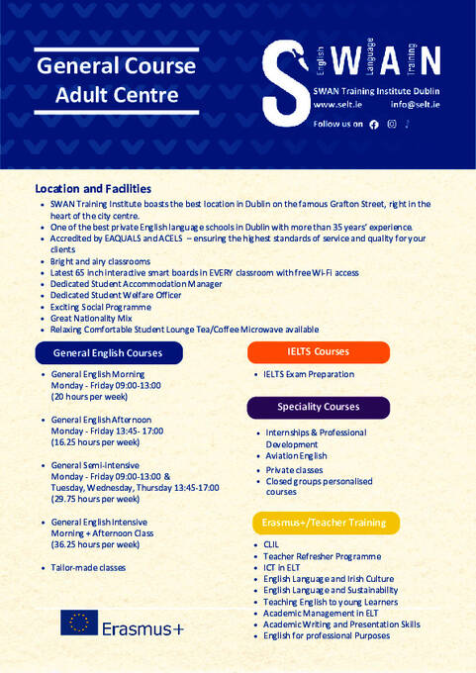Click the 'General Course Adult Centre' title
click(116, 81)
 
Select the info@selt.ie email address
click(416, 104)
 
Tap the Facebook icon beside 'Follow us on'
click(373, 125)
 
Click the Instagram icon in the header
click(392, 124)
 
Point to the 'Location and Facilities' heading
click(93, 188)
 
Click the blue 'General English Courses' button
click(107, 351)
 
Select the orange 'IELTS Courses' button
click(318, 351)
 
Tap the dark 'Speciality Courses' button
click(318, 407)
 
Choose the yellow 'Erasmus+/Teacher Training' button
click(325, 522)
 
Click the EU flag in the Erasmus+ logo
click(79, 622)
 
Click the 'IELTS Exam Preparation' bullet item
click(308, 374)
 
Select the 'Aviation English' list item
click(296, 456)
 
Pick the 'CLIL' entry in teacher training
click(271, 545)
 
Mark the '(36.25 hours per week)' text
click(95, 544)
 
